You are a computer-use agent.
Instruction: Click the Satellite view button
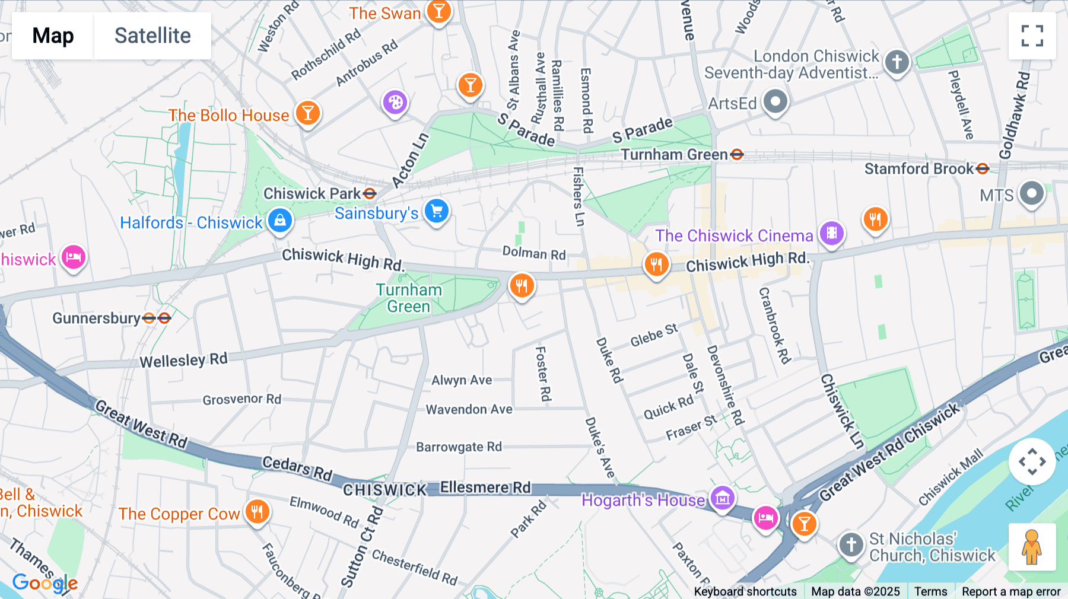click(x=152, y=36)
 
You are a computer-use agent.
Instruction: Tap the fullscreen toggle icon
click(x=1032, y=36)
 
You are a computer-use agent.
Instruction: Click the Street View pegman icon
click(x=1032, y=547)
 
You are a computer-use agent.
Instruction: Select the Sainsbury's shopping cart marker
click(x=437, y=211)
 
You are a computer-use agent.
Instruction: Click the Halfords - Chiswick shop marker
click(x=280, y=221)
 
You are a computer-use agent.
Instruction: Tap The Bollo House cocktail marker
click(x=307, y=112)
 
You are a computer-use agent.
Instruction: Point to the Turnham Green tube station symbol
click(x=737, y=155)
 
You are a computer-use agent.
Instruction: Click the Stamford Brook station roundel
click(x=983, y=169)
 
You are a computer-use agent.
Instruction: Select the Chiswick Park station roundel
click(x=370, y=193)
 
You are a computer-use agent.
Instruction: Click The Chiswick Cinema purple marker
click(x=832, y=233)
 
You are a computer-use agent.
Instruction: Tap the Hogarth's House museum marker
click(x=722, y=498)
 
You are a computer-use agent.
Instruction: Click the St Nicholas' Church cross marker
click(x=851, y=544)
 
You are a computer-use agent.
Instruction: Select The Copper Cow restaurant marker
click(x=257, y=511)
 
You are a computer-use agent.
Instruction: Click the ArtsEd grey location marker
click(x=775, y=101)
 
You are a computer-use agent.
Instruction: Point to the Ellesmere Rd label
click(x=485, y=488)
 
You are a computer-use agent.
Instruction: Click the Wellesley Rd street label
click(x=183, y=360)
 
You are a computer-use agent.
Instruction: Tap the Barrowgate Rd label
click(x=459, y=447)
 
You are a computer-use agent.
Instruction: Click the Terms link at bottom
click(x=930, y=591)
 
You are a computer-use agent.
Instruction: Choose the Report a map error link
click(x=1011, y=591)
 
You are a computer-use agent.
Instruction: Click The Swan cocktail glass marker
click(x=438, y=11)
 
